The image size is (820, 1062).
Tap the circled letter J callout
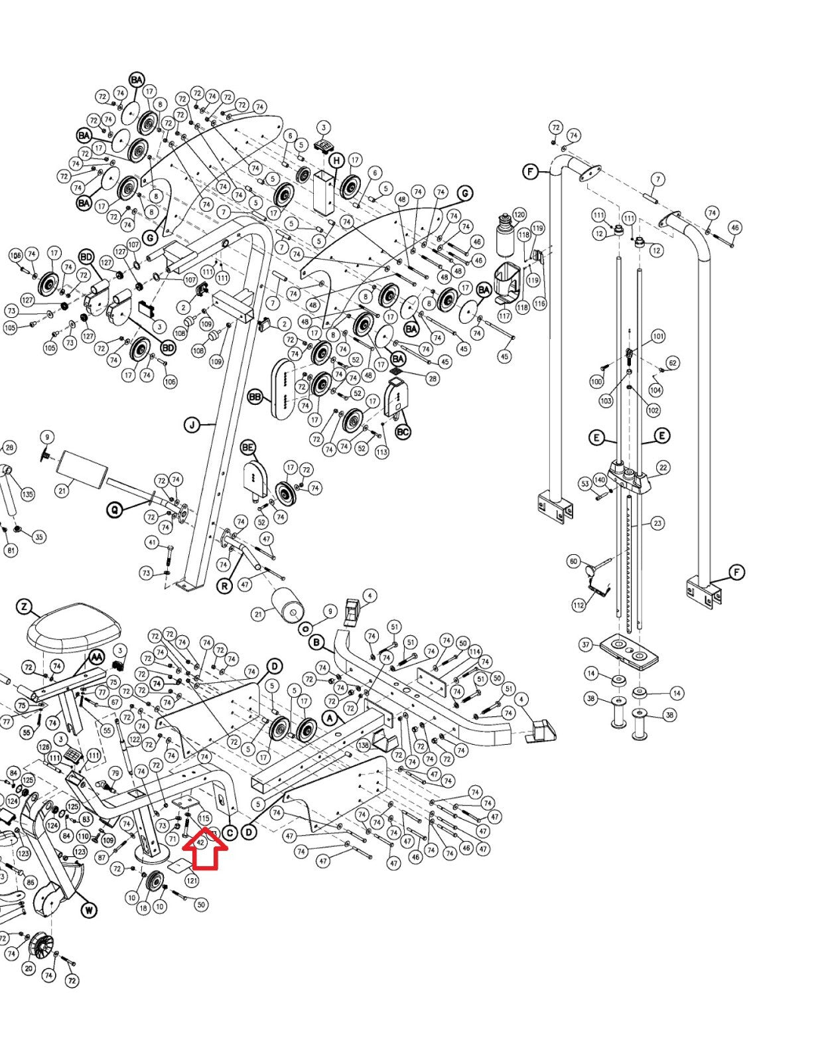coord(192,425)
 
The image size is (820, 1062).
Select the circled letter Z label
coord(24,607)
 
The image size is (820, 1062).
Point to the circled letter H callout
coord(337,161)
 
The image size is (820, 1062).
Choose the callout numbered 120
coord(519,214)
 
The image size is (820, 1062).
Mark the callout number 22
coord(663,468)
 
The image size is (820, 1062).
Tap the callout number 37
coord(585,645)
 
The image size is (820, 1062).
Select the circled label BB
coord(255,397)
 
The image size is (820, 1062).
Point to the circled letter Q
coord(115,510)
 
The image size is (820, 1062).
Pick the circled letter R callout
coord(225,586)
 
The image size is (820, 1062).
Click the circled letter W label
coord(89,910)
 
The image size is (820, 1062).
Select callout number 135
coord(27,494)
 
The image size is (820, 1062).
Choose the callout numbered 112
coord(579,605)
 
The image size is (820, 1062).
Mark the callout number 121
coord(192,881)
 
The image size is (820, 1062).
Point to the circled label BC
coord(403,431)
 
